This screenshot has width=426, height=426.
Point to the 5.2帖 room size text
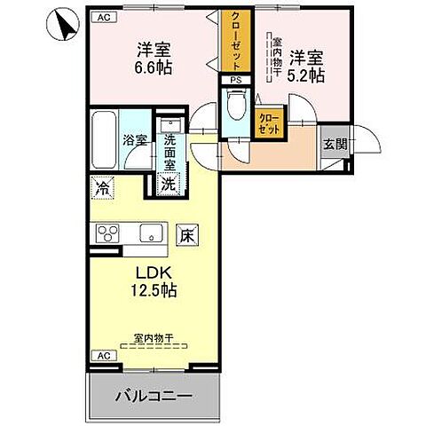pyautogui.click(x=308, y=75)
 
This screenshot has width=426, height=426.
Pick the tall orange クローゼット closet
pyautogui.click(x=234, y=42)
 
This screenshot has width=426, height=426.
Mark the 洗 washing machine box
pyautogui.click(x=167, y=184)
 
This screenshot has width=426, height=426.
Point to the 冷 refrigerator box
pyautogui.click(x=102, y=187)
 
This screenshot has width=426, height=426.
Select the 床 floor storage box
pyautogui.click(x=187, y=235)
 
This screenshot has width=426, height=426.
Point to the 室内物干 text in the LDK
pyautogui.click(x=153, y=336)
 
